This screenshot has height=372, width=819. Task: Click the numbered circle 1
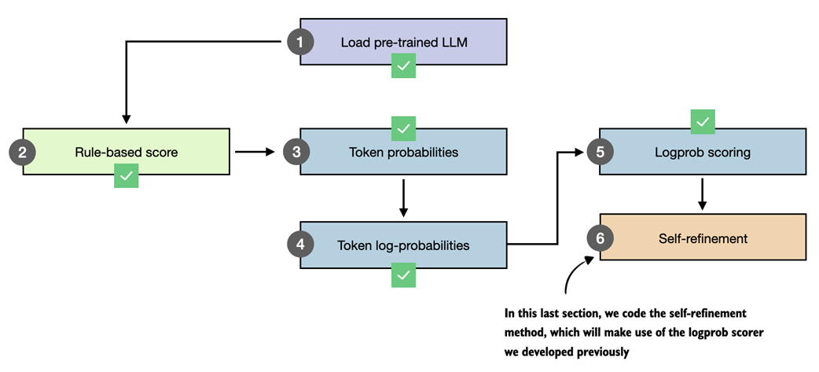[x=299, y=42]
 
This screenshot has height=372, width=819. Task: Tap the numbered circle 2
[x=23, y=152]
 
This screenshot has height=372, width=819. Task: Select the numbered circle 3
[x=296, y=152]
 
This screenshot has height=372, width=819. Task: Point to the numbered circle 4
[x=300, y=245]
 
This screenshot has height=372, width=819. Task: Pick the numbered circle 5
[x=600, y=152]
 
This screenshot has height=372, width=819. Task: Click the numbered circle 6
[x=600, y=237]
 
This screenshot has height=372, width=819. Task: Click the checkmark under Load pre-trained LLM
[x=403, y=66]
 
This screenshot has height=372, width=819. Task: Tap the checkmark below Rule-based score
[x=127, y=175]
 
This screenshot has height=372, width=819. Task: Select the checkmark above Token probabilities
[x=403, y=127]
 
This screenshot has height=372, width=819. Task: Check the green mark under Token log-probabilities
[x=403, y=274]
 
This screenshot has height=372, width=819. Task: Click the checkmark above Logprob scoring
[x=702, y=121]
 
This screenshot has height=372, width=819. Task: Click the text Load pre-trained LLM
[x=403, y=42]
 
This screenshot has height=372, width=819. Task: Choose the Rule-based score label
[x=127, y=152]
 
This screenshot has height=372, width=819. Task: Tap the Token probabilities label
[x=403, y=152]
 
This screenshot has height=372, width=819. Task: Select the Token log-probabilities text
[x=403, y=245]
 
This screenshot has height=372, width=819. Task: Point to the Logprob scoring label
[x=702, y=152]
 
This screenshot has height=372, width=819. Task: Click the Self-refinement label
[x=702, y=237]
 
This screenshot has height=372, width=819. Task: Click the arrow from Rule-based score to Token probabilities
[x=256, y=152]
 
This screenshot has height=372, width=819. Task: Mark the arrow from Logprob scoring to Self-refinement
[x=702, y=193]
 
